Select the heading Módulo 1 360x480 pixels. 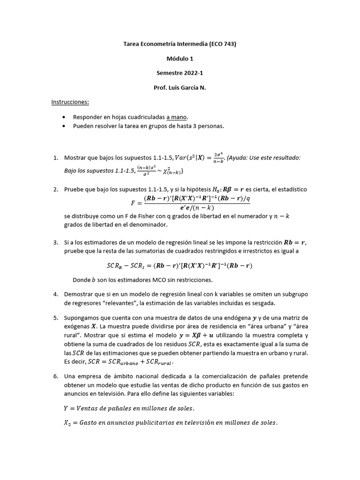[x=180, y=59]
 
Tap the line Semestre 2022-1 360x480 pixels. [x=180, y=73]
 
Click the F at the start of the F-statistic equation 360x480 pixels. [x=133, y=204]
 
